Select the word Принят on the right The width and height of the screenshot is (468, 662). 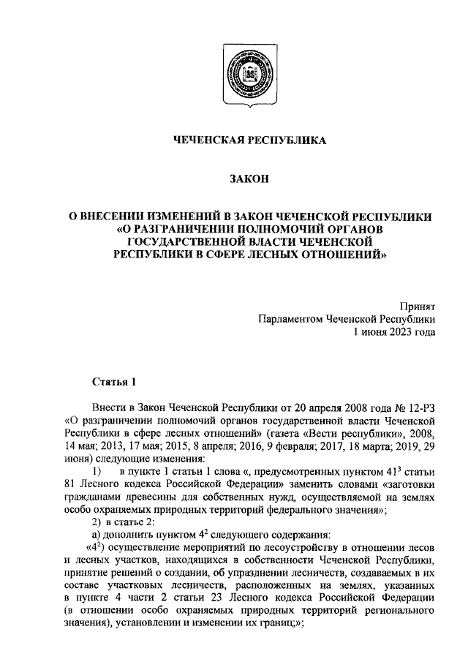click(418, 306)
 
